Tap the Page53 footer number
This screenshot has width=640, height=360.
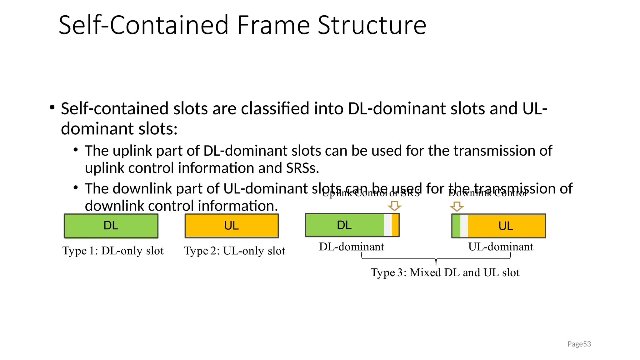point(579,344)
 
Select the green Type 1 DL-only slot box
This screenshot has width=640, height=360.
point(111,226)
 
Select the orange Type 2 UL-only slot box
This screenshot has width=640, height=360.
point(232,226)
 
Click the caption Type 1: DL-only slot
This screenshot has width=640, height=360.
point(113,251)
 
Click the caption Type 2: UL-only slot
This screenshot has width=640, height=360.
point(234,251)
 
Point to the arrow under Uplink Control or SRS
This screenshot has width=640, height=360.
point(394,206)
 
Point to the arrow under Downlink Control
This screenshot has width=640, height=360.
point(457,206)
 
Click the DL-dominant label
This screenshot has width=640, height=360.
point(351,247)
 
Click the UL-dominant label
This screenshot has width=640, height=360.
point(501,247)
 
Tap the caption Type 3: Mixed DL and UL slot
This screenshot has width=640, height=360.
point(445,272)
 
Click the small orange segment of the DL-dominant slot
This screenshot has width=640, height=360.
point(395,225)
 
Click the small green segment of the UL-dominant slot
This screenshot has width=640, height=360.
point(456,226)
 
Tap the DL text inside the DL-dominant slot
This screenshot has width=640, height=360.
point(344,225)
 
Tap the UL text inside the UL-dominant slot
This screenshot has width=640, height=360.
point(506,226)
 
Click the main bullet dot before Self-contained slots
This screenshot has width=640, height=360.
point(52,107)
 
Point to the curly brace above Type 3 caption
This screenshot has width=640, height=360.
point(436,259)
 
